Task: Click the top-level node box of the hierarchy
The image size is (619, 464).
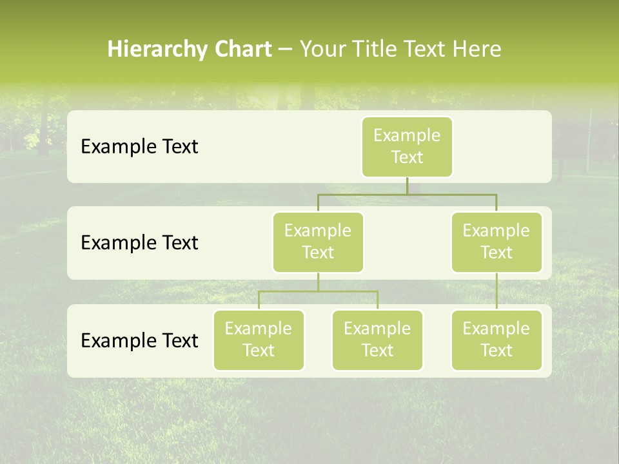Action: [407, 147]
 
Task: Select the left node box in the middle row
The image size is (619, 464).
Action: [318, 242]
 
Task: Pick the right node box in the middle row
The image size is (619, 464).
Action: [496, 242]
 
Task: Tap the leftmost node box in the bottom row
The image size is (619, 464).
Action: [259, 340]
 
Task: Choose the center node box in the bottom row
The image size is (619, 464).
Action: [377, 340]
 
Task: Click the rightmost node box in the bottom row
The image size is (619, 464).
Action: [496, 340]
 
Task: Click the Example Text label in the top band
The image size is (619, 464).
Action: [139, 147]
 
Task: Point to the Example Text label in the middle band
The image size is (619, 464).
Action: [139, 243]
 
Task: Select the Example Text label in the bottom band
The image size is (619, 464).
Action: [139, 340]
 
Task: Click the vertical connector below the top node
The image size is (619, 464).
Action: [407, 186]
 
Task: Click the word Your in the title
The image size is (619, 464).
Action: [320, 50]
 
